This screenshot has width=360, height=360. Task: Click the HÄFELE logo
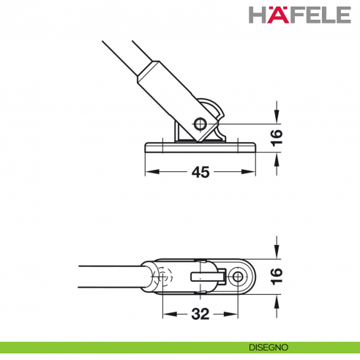point(300,15)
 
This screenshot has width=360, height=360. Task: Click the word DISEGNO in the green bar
point(269,348)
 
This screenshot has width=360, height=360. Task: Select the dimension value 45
point(200,172)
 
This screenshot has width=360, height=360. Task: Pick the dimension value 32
point(200,314)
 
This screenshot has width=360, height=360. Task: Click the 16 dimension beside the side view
point(277,138)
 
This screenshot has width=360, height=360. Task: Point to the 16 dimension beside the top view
point(277,276)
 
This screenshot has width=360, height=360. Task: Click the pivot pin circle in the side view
point(200,124)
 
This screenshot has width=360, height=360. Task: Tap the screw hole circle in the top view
point(237,277)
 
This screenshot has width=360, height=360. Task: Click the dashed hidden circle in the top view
point(163,277)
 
